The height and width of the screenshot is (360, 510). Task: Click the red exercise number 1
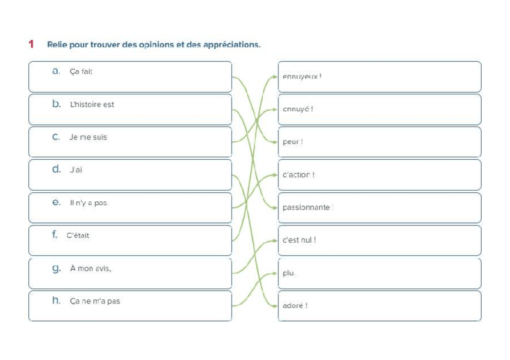31,44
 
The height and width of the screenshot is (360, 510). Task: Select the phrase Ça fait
81,72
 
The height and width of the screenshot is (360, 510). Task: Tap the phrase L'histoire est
91,105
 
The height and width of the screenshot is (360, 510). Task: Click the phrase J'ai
76,170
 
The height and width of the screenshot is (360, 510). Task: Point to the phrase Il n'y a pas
88,203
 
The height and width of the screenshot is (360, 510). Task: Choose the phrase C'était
78,236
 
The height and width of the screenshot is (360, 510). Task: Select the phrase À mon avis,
90,268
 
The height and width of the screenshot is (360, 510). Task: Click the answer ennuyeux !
302,77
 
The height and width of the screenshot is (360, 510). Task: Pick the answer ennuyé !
298,109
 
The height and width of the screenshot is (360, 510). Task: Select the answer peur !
293,142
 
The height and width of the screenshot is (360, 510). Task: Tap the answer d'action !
299,175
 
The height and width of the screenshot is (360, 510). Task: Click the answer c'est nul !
299,240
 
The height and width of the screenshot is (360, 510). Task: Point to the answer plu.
289,273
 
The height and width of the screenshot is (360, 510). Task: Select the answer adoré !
295,305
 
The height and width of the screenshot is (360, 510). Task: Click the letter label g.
57,269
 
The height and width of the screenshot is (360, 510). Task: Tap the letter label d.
57,169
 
